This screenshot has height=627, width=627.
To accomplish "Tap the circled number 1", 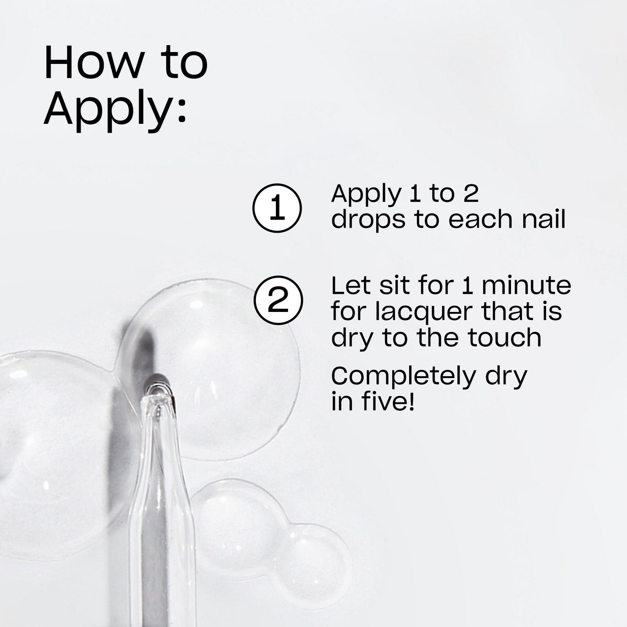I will (277, 208).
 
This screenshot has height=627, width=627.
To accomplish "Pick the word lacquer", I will (424, 312).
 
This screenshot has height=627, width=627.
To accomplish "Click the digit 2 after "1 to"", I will (471, 194).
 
